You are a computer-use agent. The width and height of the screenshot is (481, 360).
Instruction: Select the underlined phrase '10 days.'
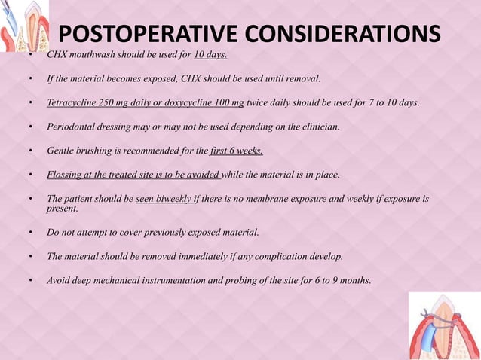(x=210, y=55)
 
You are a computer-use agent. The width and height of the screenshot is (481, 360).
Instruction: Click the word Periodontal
(x=74, y=127)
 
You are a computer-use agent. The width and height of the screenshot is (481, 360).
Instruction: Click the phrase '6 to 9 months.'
(x=338, y=280)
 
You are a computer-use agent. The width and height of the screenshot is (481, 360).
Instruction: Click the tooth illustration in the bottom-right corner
(x=445, y=326)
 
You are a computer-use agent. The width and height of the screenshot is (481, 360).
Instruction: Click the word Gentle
(x=61, y=151)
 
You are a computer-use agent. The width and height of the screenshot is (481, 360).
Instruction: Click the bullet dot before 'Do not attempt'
(x=30, y=232)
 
